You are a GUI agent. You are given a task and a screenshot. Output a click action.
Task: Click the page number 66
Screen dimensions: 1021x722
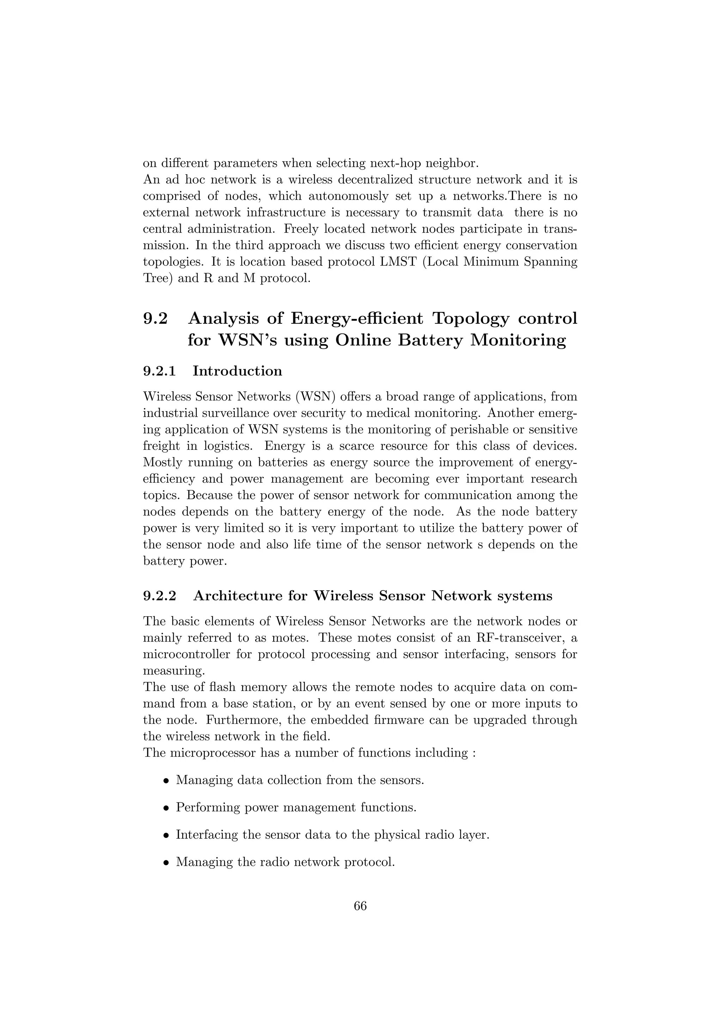[360, 906]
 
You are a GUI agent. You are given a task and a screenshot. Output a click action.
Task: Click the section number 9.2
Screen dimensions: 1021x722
[155, 318]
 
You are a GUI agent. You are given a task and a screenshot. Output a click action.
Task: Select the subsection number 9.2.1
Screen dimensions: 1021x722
[160, 371]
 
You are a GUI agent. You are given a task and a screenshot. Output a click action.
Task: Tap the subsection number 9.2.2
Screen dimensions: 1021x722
[160, 596]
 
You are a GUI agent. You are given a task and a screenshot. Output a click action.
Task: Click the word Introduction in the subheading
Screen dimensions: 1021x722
[237, 371]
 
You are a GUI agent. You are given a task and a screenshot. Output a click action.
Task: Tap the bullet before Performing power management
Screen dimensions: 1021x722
[166, 808]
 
